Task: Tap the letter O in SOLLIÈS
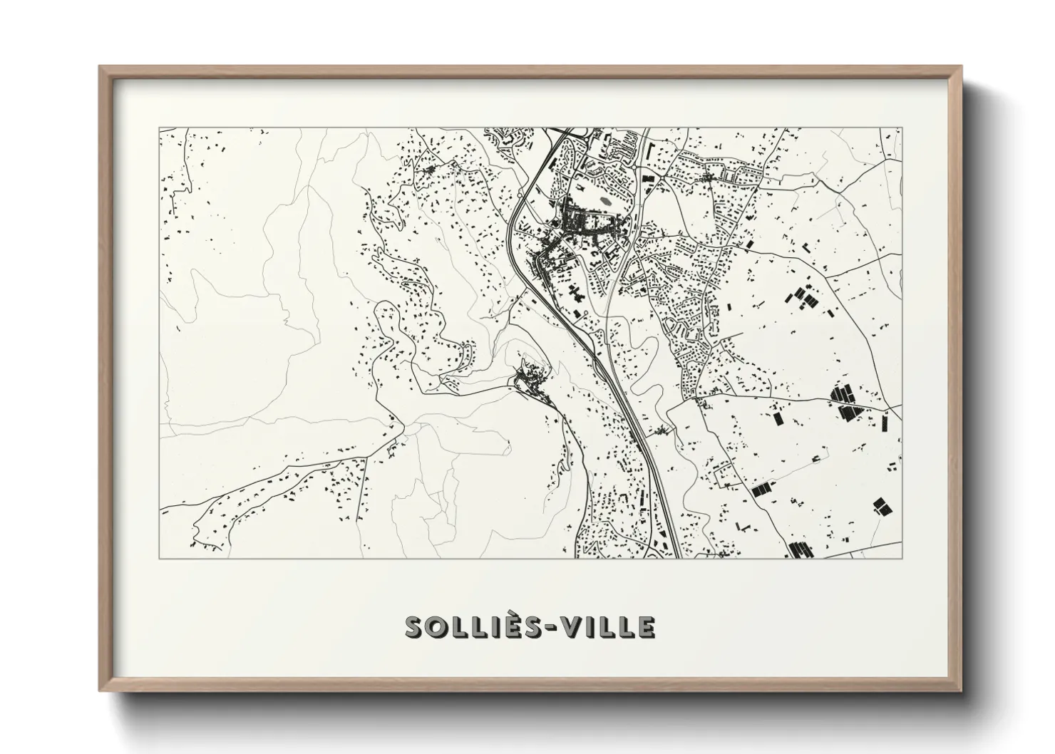click(x=441, y=627)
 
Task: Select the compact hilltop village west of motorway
click(x=528, y=378)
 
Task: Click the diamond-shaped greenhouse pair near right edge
click(x=882, y=507)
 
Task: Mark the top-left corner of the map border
click(x=160, y=128)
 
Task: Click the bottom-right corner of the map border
click(x=901, y=558)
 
